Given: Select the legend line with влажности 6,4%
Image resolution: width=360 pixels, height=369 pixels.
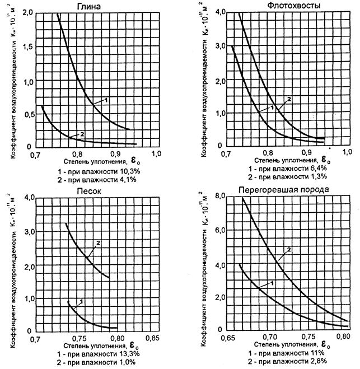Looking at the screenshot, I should point(287,167).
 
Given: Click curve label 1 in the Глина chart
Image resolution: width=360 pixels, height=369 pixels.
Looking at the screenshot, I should point(105,99).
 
